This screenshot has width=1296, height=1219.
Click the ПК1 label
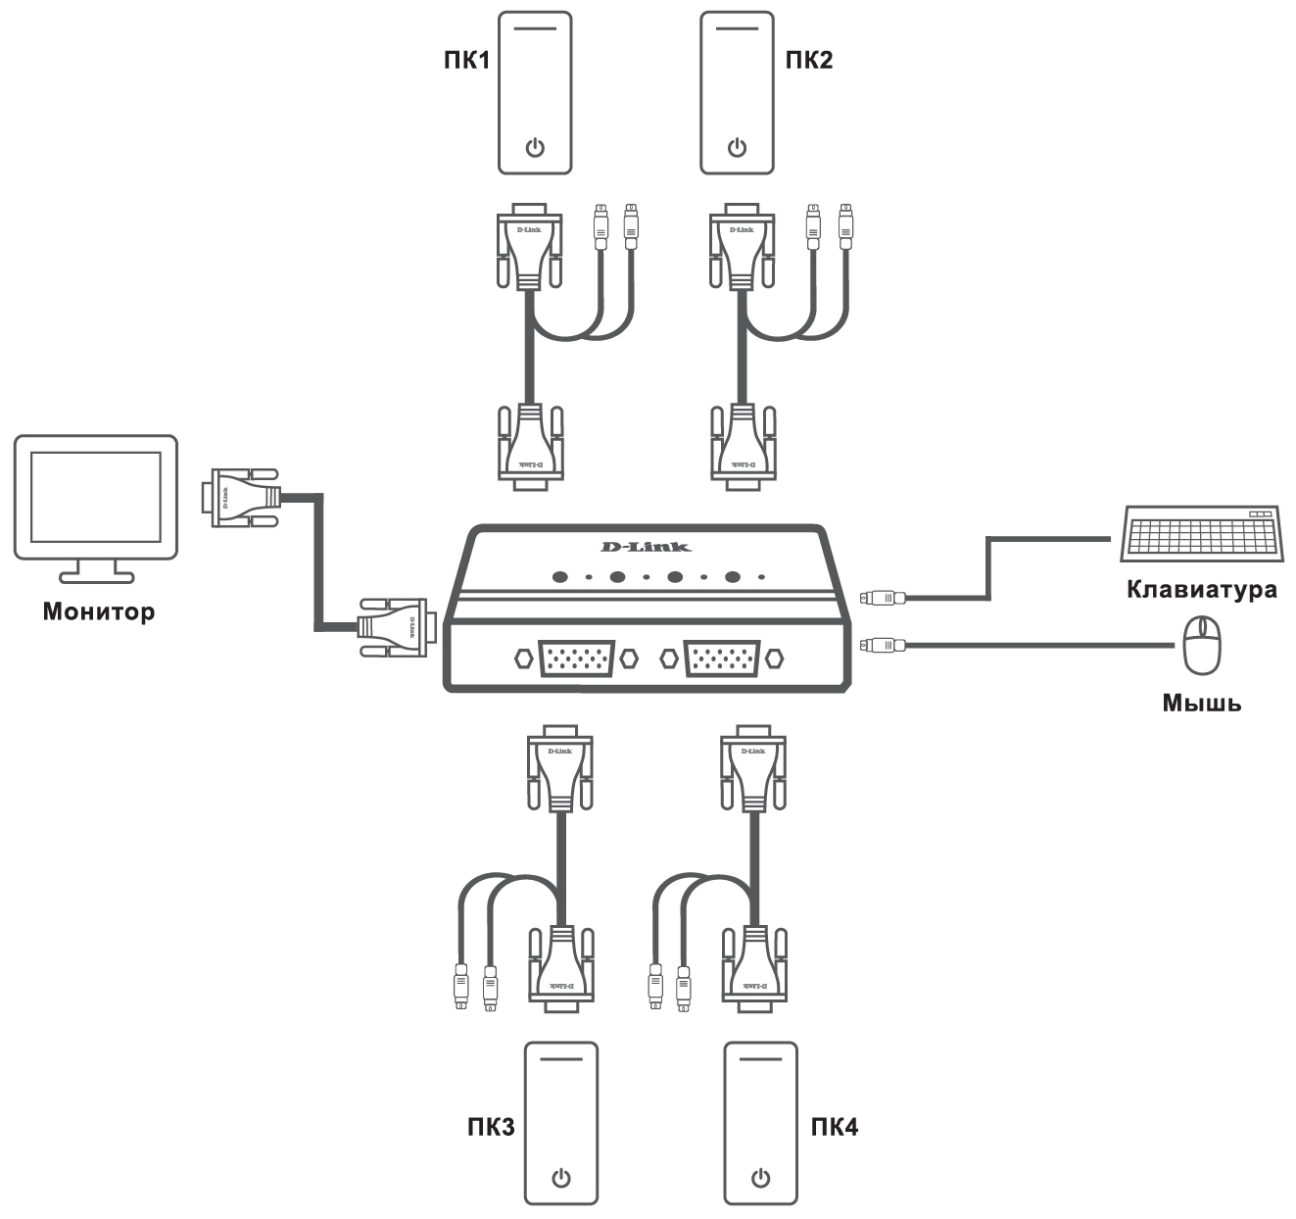pos(463,61)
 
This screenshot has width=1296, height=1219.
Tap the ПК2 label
pos(809,61)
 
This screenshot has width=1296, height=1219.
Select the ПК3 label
pos(490,1126)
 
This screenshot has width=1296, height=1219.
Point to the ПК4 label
pos(835,1126)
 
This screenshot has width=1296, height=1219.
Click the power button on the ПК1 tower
pos(534,148)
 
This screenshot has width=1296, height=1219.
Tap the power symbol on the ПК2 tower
pos(738,148)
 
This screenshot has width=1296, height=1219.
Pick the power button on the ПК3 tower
pos(560,1177)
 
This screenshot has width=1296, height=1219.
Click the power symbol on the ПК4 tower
pos(760,1177)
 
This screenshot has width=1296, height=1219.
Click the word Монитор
pos(98,612)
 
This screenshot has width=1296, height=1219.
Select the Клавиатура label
pos(1202,590)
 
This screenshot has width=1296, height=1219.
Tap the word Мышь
pos(1201,703)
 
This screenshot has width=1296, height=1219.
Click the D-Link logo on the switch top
pos(646,546)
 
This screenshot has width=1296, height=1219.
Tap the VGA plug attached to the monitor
pos(240,499)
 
